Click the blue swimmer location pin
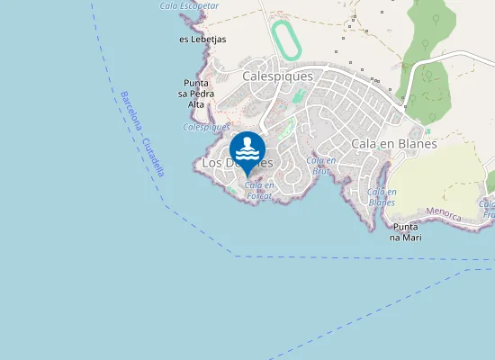pyautogui.click(x=247, y=149)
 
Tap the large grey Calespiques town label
pyautogui.click(x=277, y=76)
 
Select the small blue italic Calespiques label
pyautogui.click(x=206, y=127)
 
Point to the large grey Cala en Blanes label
pyautogui.click(x=394, y=143)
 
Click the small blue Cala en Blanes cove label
pyautogui.click(x=382, y=197)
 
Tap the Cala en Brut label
pyautogui.click(x=323, y=165)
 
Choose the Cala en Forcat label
pyautogui.click(x=259, y=191)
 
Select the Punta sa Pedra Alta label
pyautogui.click(x=196, y=94)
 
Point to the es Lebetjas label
pyautogui.click(x=202, y=40)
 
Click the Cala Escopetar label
pyautogui.click(x=189, y=5)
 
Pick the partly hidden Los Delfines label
pyautogui.click(x=237, y=163)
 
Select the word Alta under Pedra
pyautogui.click(x=196, y=104)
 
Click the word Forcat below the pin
pyautogui.click(x=259, y=195)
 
